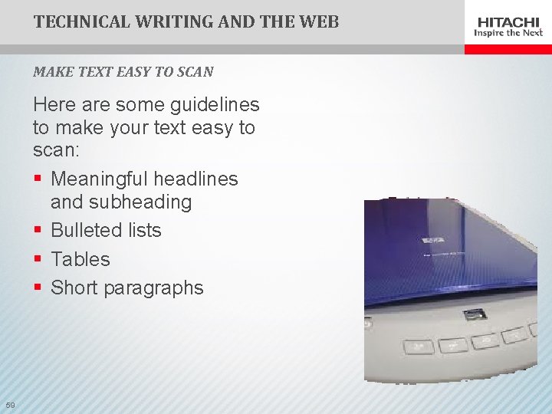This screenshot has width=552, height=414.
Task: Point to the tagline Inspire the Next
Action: click(x=508, y=33)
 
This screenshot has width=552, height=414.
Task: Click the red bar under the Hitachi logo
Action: click(x=508, y=48)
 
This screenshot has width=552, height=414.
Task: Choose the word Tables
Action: click(x=80, y=260)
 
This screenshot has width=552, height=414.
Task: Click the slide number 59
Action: click(x=9, y=405)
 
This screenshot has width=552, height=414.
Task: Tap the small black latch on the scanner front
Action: click(x=475, y=313)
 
